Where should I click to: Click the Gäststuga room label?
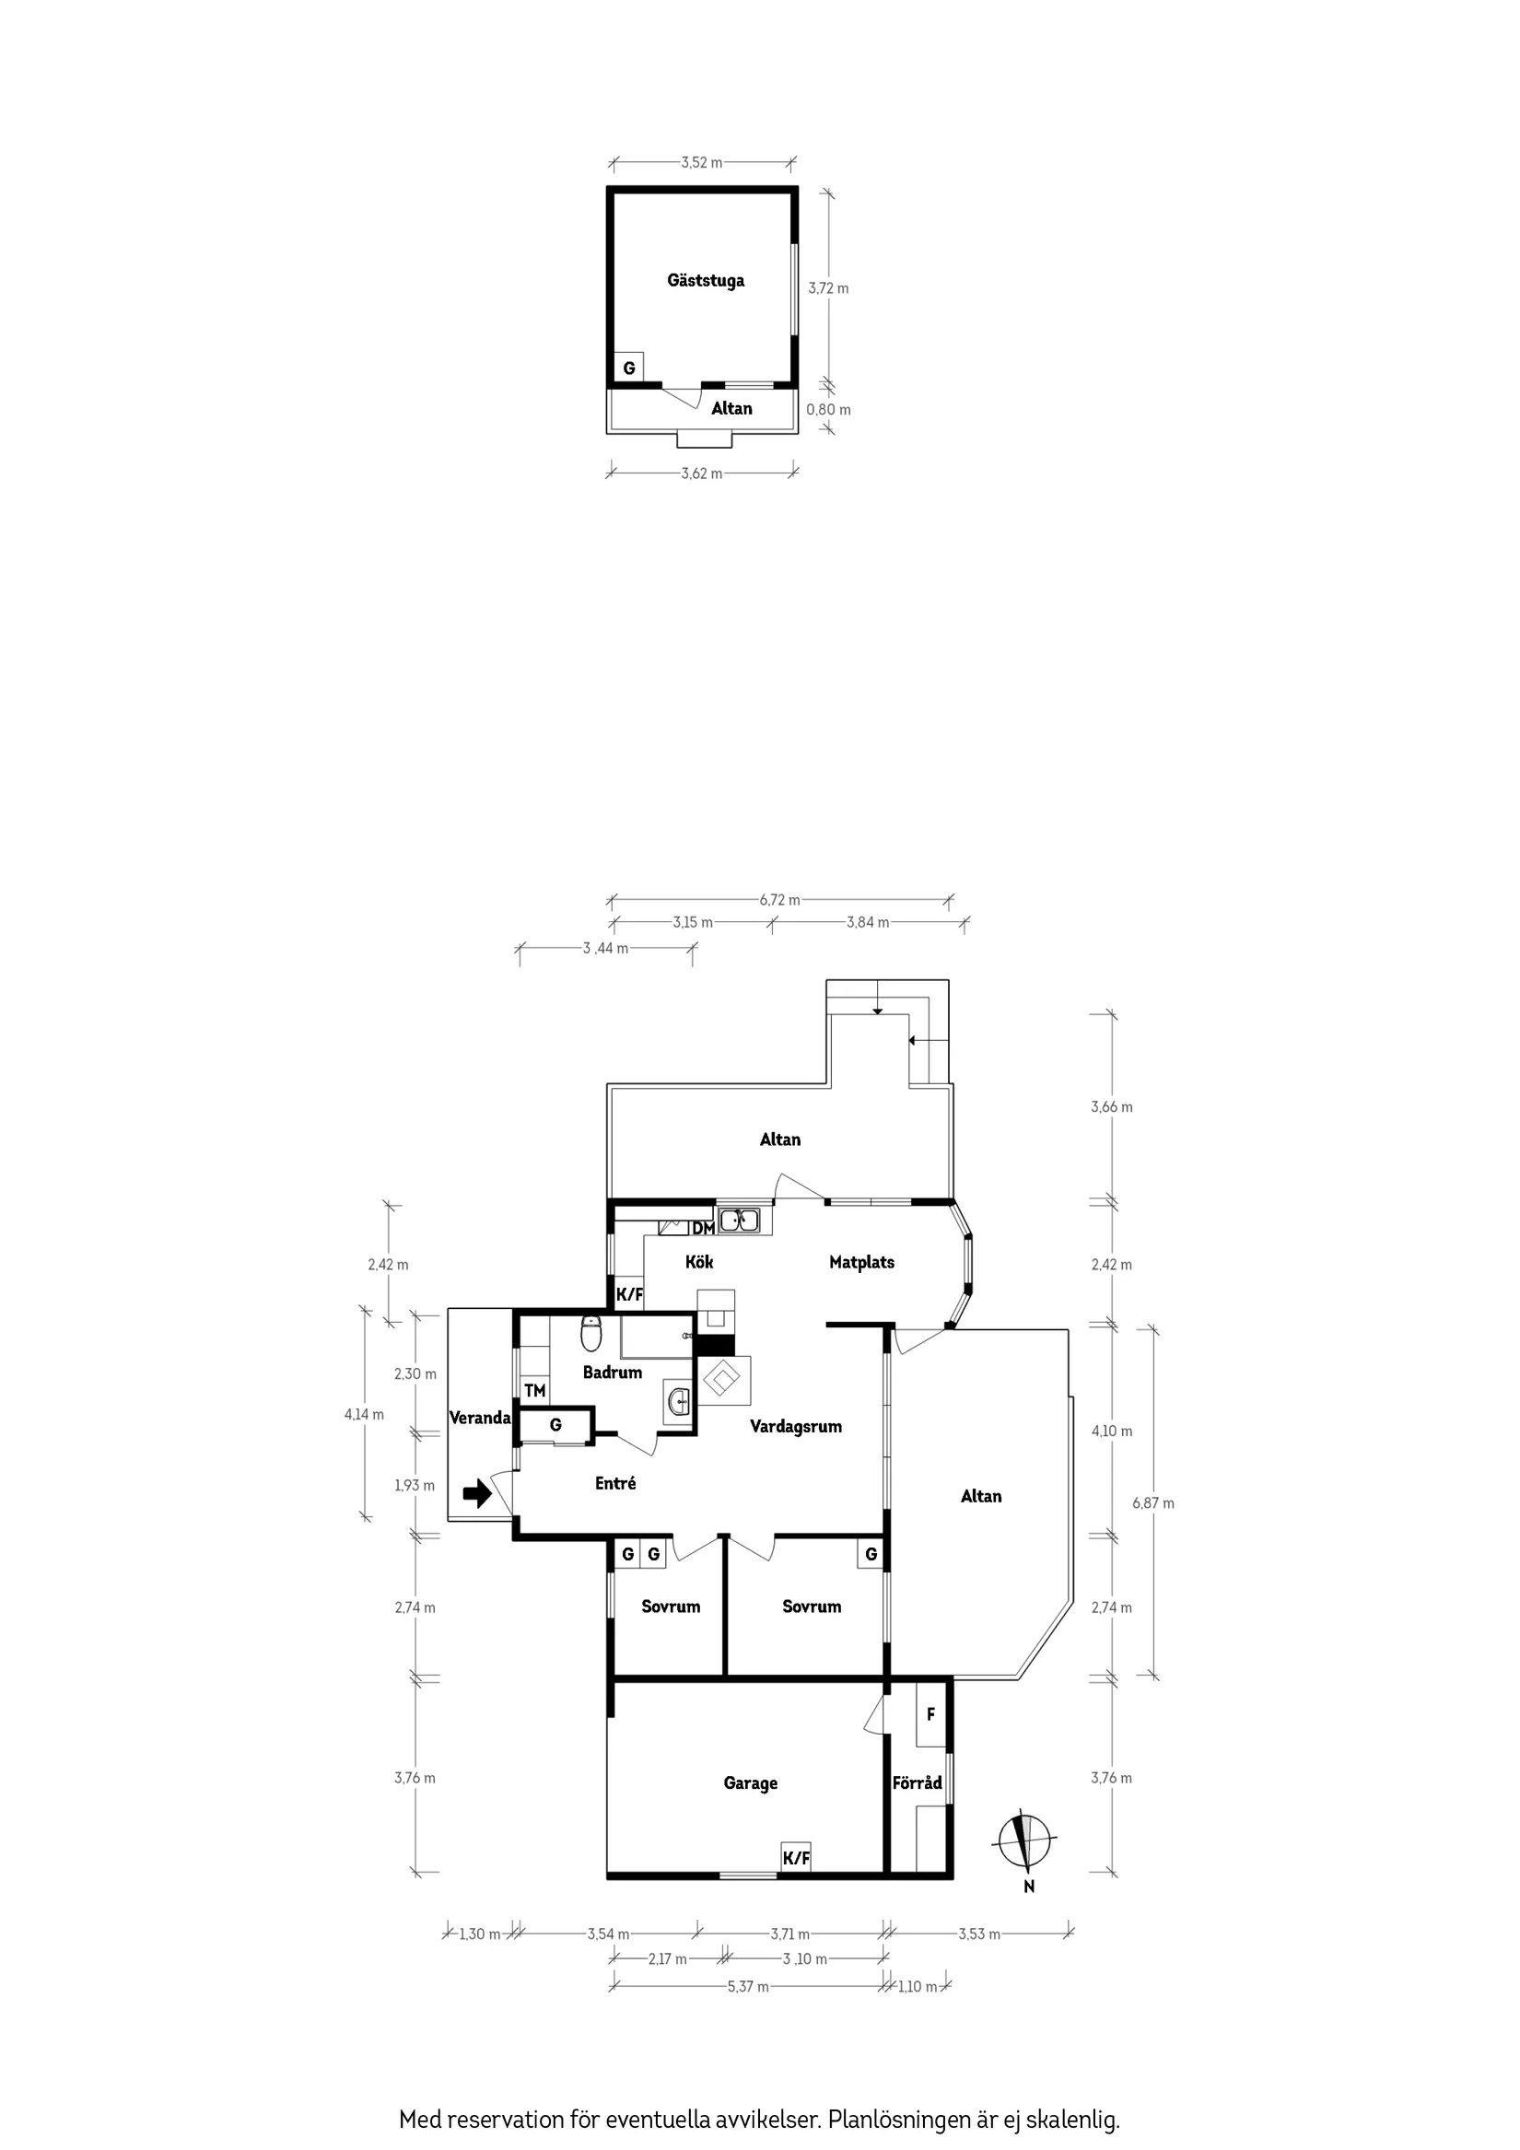(706, 280)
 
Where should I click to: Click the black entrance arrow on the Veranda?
(476, 1492)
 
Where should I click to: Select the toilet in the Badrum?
(590, 1334)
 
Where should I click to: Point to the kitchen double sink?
(739, 1221)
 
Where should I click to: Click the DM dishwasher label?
(703, 1228)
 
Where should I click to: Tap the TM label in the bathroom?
(534, 1391)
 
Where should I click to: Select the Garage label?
(750, 1783)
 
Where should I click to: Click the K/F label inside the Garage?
(796, 1858)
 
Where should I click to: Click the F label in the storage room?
(930, 1714)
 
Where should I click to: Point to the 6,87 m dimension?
(1152, 1503)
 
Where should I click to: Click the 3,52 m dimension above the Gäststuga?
(701, 163)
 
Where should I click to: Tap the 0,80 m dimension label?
(829, 409)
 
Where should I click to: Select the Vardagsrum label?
(795, 1426)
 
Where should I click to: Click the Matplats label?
(861, 1262)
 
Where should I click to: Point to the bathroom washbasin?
(677, 1402)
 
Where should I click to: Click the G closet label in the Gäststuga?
(628, 368)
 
